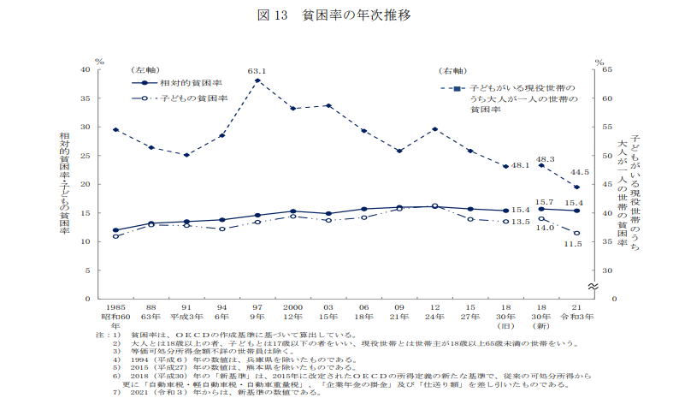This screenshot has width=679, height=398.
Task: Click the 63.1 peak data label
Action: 257,71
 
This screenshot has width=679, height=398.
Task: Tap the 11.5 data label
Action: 574,244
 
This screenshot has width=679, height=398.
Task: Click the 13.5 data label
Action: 521,222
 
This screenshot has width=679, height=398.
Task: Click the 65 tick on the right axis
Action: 608,69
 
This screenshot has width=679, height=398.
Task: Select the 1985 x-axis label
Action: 115,306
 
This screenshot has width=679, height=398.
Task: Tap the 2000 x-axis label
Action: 293,306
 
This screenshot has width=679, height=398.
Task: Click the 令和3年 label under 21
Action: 577,316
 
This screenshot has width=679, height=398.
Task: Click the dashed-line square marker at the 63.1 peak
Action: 257,80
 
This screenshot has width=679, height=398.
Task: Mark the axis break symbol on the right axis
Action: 592,285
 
